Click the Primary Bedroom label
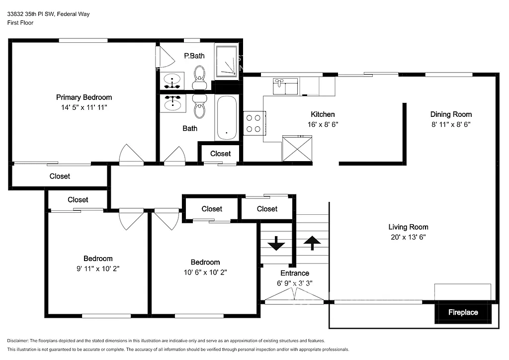[84, 97]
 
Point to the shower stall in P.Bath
[227, 62]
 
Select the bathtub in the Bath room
[227, 117]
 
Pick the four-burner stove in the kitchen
[254, 123]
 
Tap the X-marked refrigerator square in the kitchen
[297, 148]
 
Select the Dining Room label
[451, 114]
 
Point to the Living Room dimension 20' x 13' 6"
[408, 237]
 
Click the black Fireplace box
[463, 312]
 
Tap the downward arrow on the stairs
[276, 244]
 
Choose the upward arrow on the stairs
[312, 243]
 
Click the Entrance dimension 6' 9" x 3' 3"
[295, 283]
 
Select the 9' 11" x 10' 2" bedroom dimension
[98, 268]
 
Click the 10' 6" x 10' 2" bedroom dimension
[205, 272]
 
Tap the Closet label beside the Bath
[220, 154]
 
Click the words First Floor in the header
[20, 23]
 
